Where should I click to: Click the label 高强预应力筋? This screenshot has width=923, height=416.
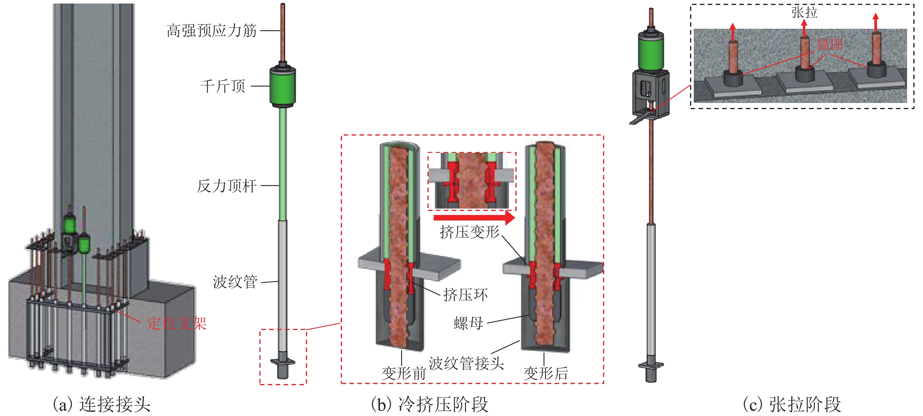coord(211,31)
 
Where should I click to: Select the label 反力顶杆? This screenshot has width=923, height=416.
coord(227,186)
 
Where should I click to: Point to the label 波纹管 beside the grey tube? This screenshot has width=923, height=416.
coord(235,282)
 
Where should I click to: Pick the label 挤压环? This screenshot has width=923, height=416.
coord(465,295)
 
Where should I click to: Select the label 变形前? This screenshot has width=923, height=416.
coord(403,374)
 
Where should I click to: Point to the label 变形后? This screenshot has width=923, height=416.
coord(545,374)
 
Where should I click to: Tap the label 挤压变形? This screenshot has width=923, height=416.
coord(469,232)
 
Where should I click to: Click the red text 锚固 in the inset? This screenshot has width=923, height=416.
coord(830,45)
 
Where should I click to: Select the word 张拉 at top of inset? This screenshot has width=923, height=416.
coord(804,13)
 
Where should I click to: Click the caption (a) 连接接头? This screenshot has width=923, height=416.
coord(102,405)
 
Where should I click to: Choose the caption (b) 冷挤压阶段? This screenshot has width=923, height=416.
coord(430,405)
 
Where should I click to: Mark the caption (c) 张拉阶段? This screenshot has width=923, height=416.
coord(792,405)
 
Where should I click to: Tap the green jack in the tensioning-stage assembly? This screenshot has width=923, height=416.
coord(651,50)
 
